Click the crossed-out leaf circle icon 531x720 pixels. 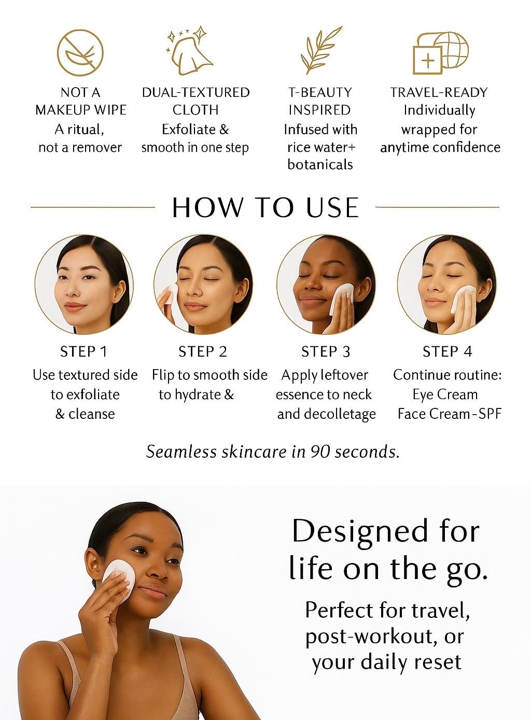tap(80, 52)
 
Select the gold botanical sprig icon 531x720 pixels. tap(320, 50)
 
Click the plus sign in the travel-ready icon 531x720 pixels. tap(427, 60)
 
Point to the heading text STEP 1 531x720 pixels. tap(83, 351)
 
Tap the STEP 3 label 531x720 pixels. tap(326, 351)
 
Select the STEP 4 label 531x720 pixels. tap(447, 351)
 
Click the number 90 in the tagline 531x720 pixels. tap(320, 451)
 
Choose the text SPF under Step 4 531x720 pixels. tap(490, 414)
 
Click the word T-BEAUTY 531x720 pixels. tap(320, 93)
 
